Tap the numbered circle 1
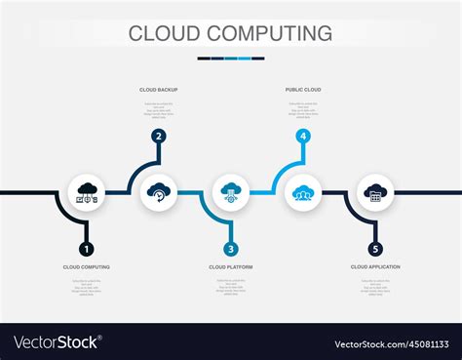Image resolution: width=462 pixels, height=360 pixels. coord(87,249)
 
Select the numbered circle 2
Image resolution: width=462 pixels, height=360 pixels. coord(158,137)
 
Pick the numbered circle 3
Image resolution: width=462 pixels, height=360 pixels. coord(231,249)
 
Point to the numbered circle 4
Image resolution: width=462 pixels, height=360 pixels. coord(303,137)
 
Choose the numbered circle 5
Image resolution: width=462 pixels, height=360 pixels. coord(375,249)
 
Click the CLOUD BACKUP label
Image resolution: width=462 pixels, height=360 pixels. coord(158,90)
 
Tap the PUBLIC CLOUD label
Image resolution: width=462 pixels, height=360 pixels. coord(303,90)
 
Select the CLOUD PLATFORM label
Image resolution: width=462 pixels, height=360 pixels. coord(231,266)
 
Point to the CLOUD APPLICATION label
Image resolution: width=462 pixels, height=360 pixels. coord(375,266)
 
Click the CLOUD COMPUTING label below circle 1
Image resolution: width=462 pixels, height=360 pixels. coord(87,266)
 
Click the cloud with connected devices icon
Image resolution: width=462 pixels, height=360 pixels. coord(87,192)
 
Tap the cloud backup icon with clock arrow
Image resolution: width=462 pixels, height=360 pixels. coord(158,192)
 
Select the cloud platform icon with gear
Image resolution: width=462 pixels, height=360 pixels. coord(231,192)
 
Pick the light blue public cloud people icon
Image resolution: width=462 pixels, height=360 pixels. coord(303,192)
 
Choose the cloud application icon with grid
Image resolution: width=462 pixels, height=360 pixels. coord(375,192)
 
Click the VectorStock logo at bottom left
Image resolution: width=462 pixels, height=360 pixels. coord(57,342)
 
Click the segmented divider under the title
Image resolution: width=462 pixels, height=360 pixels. coord(231,59)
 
